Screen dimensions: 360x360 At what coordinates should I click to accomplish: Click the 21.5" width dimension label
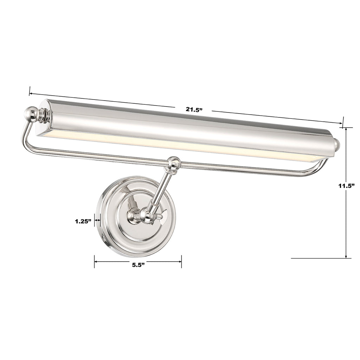coord(194,109)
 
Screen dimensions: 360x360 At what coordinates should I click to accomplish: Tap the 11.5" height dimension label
coord(346,186)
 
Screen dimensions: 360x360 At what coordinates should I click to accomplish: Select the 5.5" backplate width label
coord(139,265)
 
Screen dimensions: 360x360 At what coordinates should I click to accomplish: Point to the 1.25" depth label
coord(83,221)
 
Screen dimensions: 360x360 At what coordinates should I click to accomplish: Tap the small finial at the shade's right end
coord(337,144)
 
